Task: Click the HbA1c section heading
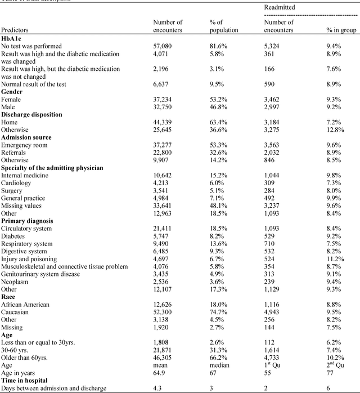13,38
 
